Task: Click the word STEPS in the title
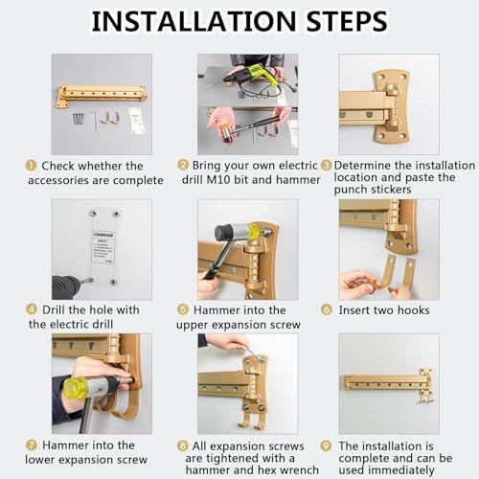coord(347,21)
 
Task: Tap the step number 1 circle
coord(31,166)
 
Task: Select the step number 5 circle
coord(183,309)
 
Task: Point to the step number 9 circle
coord(326,445)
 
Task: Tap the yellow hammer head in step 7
coord(75,387)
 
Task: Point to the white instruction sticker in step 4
coord(103,247)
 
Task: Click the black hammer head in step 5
coord(224,233)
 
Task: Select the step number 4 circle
coord(32,309)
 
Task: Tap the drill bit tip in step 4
coord(91,281)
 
